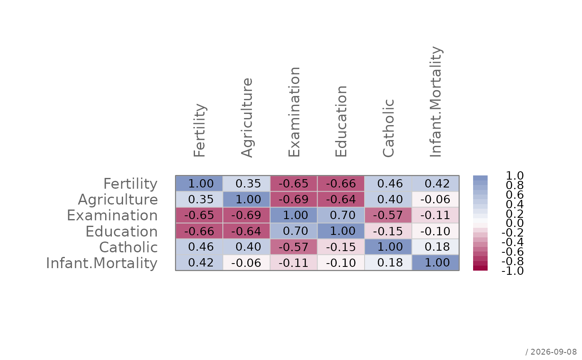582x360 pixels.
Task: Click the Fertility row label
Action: [131, 184]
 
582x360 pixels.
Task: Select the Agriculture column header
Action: [247, 117]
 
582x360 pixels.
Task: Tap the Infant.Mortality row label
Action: [102, 263]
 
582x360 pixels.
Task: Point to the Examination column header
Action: [294, 112]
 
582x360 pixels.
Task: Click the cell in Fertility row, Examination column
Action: [293, 184]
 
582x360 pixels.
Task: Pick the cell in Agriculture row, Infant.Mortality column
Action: [436, 200]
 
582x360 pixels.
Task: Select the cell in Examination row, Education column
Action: [341, 215]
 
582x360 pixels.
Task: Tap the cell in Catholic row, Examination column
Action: [293, 247]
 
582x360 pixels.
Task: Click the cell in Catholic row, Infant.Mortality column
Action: [436, 247]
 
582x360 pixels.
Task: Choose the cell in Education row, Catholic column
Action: [388, 231]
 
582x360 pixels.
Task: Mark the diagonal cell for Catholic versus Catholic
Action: [388, 247]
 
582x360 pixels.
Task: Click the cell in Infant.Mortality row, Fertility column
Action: [199, 263]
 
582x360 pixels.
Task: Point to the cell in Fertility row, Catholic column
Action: [388, 184]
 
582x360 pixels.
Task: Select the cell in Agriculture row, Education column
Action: [341, 200]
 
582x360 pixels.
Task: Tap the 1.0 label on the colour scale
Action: [515, 176]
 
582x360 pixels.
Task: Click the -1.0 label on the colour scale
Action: [512, 271]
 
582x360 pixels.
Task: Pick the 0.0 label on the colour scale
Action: [515, 223]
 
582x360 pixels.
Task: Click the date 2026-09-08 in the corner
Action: [553, 352]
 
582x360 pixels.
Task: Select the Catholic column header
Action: [388, 128]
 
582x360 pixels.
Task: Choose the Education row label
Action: [121, 232]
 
